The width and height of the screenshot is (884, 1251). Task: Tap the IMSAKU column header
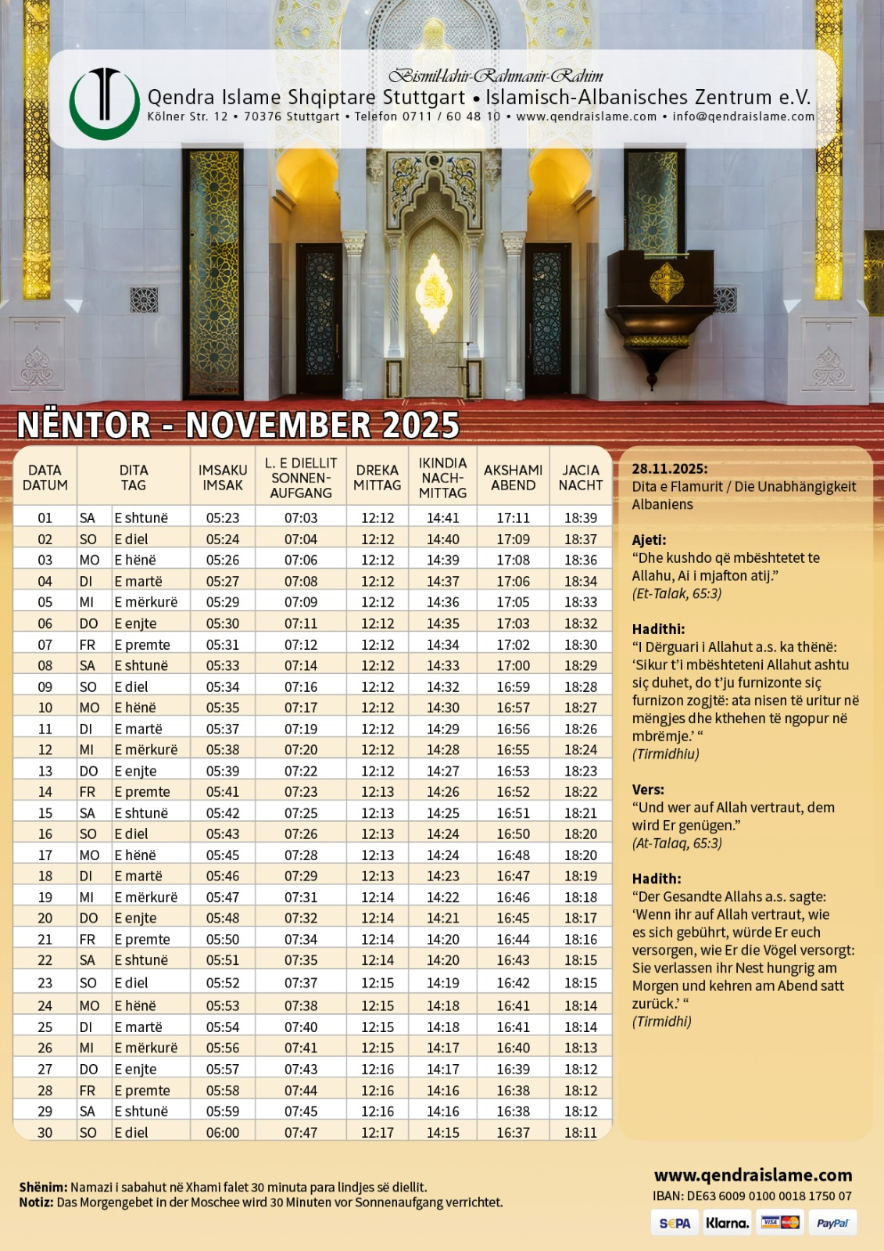(x=223, y=478)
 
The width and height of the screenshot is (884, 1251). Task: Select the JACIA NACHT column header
(x=581, y=478)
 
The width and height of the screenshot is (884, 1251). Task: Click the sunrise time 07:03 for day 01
(x=301, y=518)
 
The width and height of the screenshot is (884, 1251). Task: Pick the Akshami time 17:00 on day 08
(x=513, y=665)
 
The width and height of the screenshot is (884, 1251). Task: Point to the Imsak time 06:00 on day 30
(x=223, y=1132)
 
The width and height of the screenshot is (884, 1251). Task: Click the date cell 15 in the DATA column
(x=45, y=813)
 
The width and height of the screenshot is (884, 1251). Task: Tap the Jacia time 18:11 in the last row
(x=581, y=1132)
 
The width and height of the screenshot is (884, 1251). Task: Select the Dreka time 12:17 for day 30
(x=378, y=1132)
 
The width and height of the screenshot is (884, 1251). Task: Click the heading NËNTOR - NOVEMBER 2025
(x=238, y=425)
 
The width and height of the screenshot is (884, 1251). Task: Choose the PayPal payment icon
(x=832, y=1223)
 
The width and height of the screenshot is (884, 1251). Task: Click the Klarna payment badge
(x=727, y=1223)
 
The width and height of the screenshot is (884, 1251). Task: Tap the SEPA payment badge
(x=675, y=1223)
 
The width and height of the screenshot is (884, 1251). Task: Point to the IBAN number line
(x=752, y=1196)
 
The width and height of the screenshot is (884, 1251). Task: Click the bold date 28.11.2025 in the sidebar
(x=670, y=469)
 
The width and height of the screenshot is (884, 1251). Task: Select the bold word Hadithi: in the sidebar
(x=658, y=629)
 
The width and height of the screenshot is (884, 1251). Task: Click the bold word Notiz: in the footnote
(x=36, y=1203)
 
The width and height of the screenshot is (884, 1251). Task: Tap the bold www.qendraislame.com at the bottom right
(x=753, y=1175)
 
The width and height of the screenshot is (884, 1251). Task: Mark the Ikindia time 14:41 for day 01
(x=443, y=518)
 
